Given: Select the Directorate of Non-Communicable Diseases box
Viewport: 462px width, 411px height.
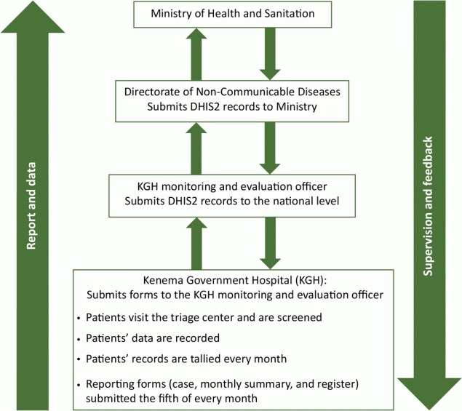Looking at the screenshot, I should coord(231,100).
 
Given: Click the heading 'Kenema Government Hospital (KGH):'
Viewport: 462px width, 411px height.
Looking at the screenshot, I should coord(231,282).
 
